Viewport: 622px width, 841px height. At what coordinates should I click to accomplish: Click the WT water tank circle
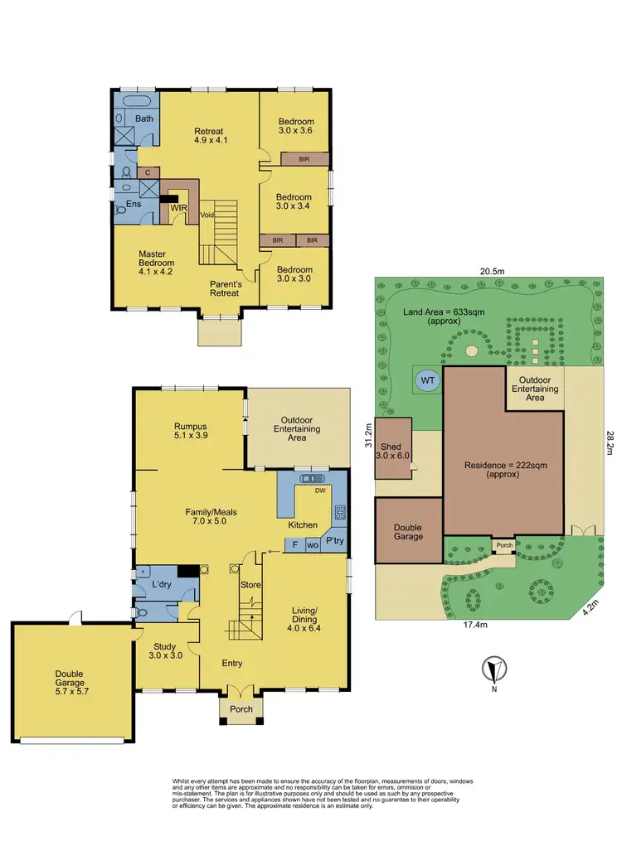coord(429,380)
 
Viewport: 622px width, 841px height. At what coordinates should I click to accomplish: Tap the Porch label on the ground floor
coord(241,710)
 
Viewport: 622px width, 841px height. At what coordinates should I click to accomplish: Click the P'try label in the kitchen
coord(334,540)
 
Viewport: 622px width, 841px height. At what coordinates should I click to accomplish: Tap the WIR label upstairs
coord(177,208)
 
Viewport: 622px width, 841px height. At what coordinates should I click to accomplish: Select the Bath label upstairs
coord(144,119)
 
